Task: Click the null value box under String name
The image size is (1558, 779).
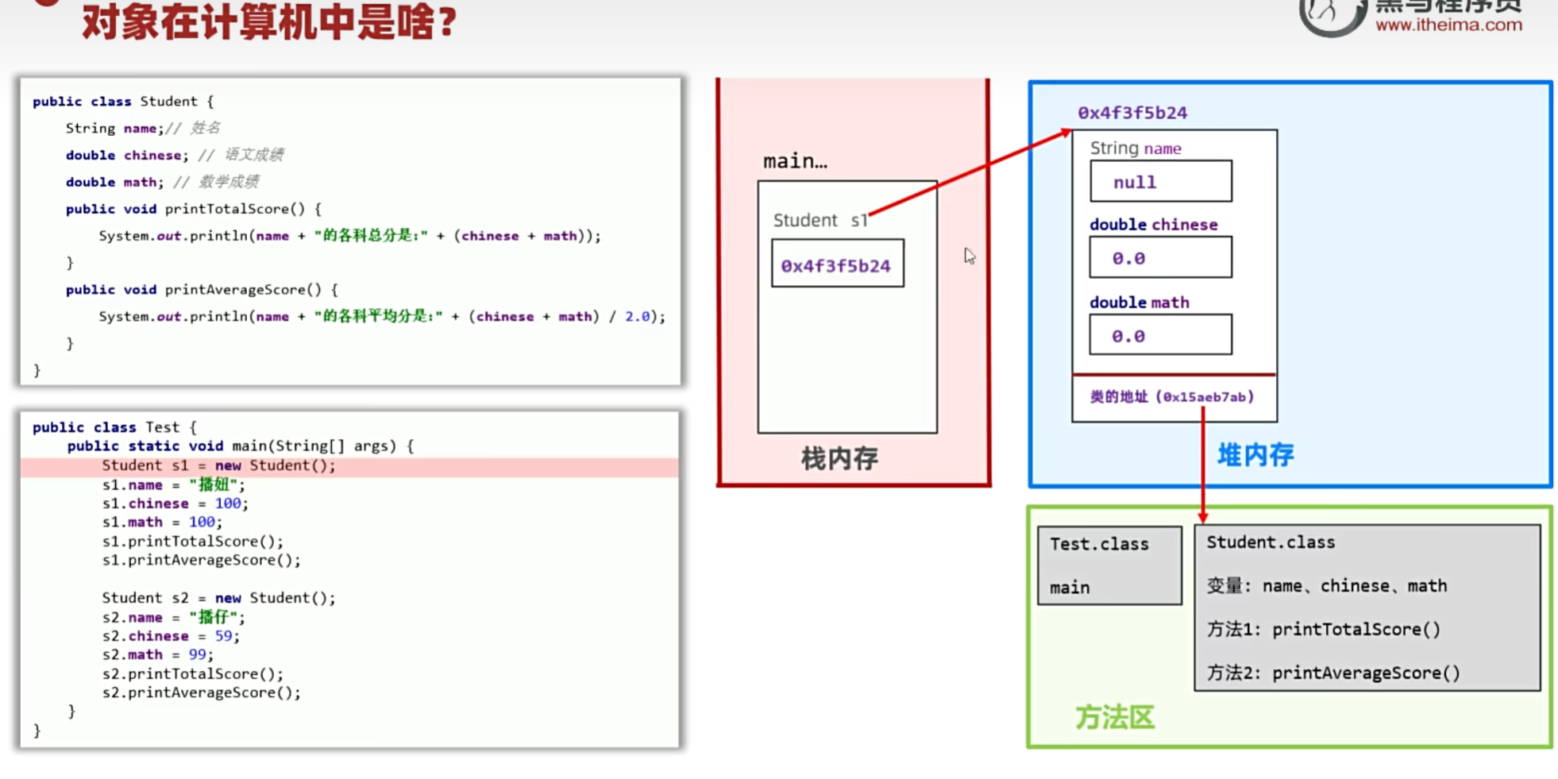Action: (1160, 182)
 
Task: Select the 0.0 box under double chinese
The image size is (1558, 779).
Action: (1160, 258)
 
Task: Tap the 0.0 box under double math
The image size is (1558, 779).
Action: (1160, 336)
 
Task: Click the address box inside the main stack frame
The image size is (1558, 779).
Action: (837, 265)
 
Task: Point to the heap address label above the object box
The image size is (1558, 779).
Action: (1132, 113)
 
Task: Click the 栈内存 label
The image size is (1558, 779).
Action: (839, 458)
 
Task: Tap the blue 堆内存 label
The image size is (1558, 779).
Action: (1255, 455)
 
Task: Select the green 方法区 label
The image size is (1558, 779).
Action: (1115, 717)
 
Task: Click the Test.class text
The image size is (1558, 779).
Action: (1099, 544)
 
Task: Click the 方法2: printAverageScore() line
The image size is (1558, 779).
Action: (1333, 673)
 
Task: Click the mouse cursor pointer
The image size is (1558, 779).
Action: (969, 256)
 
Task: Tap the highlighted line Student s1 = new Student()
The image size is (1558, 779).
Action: (218, 465)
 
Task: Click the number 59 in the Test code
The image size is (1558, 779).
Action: (223, 636)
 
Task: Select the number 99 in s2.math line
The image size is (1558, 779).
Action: (198, 654)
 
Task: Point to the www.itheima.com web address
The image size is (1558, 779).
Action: (1448, 25)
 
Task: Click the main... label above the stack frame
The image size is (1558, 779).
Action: (794, 161)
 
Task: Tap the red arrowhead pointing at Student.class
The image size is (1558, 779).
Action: (1203, 516)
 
